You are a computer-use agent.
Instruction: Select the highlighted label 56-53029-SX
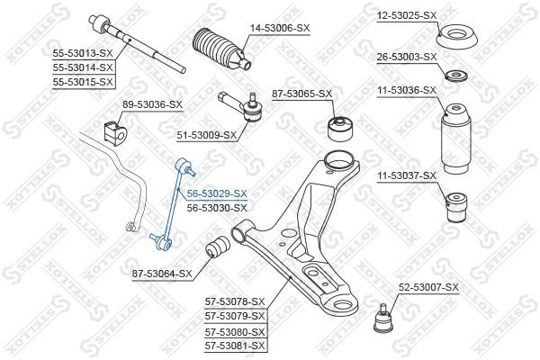[216, 193]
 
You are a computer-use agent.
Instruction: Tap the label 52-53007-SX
[428, 287]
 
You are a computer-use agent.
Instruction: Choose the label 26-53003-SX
[406, 57]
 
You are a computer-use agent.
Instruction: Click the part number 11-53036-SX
[405, 90]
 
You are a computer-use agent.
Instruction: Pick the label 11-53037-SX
[405, 175]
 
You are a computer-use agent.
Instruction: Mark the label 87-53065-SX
[301, 94]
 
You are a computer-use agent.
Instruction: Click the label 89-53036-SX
[152, 104]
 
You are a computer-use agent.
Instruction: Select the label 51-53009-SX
[205, 135]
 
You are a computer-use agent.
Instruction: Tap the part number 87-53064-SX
[162, 273]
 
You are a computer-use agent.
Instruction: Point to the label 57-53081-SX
[235, 345]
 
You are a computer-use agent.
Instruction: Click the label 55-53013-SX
[82, 53]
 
